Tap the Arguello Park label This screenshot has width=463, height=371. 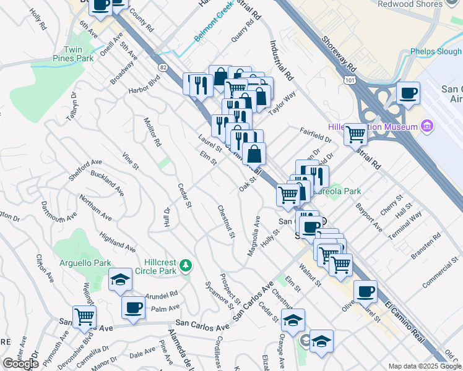85,263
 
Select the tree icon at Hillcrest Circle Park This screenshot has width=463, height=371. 185,266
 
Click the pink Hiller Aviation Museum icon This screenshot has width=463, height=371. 426,127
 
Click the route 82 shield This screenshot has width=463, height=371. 163,66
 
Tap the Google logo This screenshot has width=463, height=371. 20,364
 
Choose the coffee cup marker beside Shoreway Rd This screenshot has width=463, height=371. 408,93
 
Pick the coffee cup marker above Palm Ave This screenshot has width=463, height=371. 133,307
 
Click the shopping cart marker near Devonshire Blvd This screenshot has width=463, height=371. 84,317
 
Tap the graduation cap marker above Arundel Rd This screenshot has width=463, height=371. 120,279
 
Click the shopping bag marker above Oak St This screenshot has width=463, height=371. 254,153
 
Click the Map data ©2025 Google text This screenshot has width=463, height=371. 425,365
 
